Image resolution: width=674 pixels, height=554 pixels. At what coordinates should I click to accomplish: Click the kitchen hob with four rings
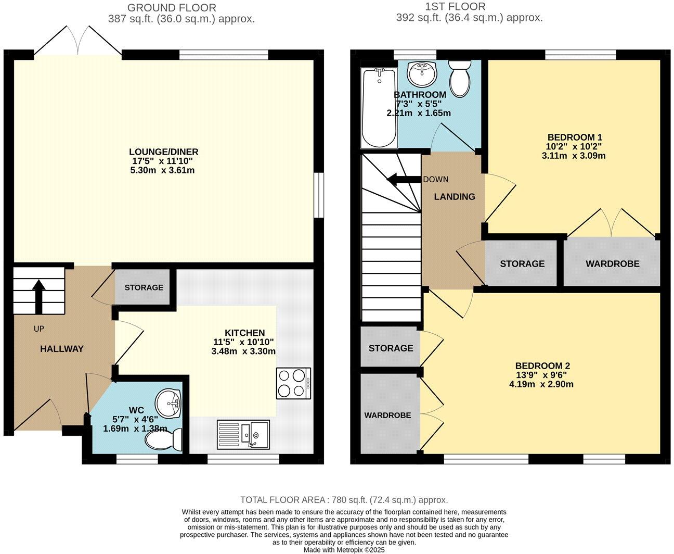point(294,383)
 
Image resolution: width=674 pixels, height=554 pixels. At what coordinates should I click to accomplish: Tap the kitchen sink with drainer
point(243,434)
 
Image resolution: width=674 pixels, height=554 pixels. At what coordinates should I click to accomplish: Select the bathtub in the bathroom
point(379,108)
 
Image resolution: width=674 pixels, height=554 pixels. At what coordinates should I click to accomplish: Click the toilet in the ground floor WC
point(164,440)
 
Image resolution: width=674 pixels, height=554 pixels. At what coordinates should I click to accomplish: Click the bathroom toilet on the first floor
point(459,79)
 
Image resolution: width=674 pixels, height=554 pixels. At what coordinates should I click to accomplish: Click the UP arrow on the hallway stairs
point(38,296)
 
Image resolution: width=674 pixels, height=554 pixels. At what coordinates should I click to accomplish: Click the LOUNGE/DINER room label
point(164,152)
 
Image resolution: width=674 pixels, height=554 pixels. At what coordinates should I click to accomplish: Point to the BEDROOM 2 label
point(541,366)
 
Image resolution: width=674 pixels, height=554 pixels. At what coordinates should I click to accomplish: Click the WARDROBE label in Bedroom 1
point(612,264)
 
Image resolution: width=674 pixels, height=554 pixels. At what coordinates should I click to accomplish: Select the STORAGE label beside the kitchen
point(144,287)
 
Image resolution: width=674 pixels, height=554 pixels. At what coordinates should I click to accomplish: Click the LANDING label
point(455,197)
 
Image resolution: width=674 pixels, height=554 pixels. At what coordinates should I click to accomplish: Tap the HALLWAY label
point(62,349)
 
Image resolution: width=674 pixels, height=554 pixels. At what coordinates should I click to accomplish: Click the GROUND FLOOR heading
point(172,8)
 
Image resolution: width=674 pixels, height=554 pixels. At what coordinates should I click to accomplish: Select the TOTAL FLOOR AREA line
point(343,500)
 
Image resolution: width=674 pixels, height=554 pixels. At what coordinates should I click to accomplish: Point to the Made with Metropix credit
point(344,549)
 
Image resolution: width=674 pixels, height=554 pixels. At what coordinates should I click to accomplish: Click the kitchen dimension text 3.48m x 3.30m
point(243,351)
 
